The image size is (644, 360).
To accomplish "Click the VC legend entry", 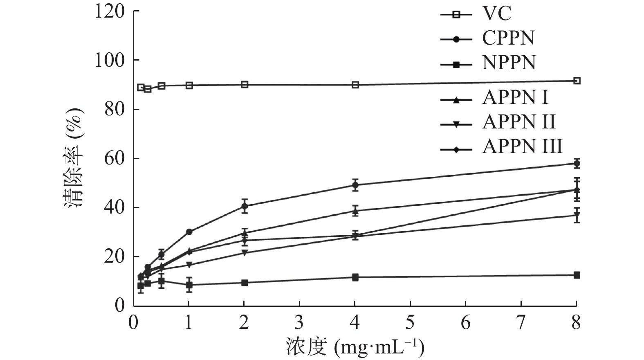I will tap(496, 13).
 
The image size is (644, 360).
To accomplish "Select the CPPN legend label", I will tap(508, 38).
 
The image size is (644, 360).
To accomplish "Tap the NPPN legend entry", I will tap(509, 63).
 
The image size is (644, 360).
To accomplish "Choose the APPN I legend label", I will tap(515, 97).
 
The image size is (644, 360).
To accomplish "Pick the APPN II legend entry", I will tap(519, 122).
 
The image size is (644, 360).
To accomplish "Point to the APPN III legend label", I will tap(522, 146).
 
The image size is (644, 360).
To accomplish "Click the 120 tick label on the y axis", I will tap(110, 11).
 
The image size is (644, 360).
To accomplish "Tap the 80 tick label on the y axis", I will tap(114, 109).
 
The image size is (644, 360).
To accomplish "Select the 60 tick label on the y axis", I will tap(114, 158).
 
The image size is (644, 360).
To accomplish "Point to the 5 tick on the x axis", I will tap(410, 323).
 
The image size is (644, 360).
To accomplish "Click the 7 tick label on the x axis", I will tap(521, 323).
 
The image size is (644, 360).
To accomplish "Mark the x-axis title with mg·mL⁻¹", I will tap(355, 347).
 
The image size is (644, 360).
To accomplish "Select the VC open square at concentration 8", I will tap(577, 81).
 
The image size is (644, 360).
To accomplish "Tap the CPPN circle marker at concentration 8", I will tap(577, 164).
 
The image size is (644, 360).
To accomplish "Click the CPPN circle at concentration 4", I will tap(355, 185).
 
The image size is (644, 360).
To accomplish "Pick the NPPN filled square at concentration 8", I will tap(577, 275).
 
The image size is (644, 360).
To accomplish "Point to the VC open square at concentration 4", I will tap(355, 85).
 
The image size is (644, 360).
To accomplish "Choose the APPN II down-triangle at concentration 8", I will tap(577, 215).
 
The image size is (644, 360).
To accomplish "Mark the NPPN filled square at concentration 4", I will tap(355, 277).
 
